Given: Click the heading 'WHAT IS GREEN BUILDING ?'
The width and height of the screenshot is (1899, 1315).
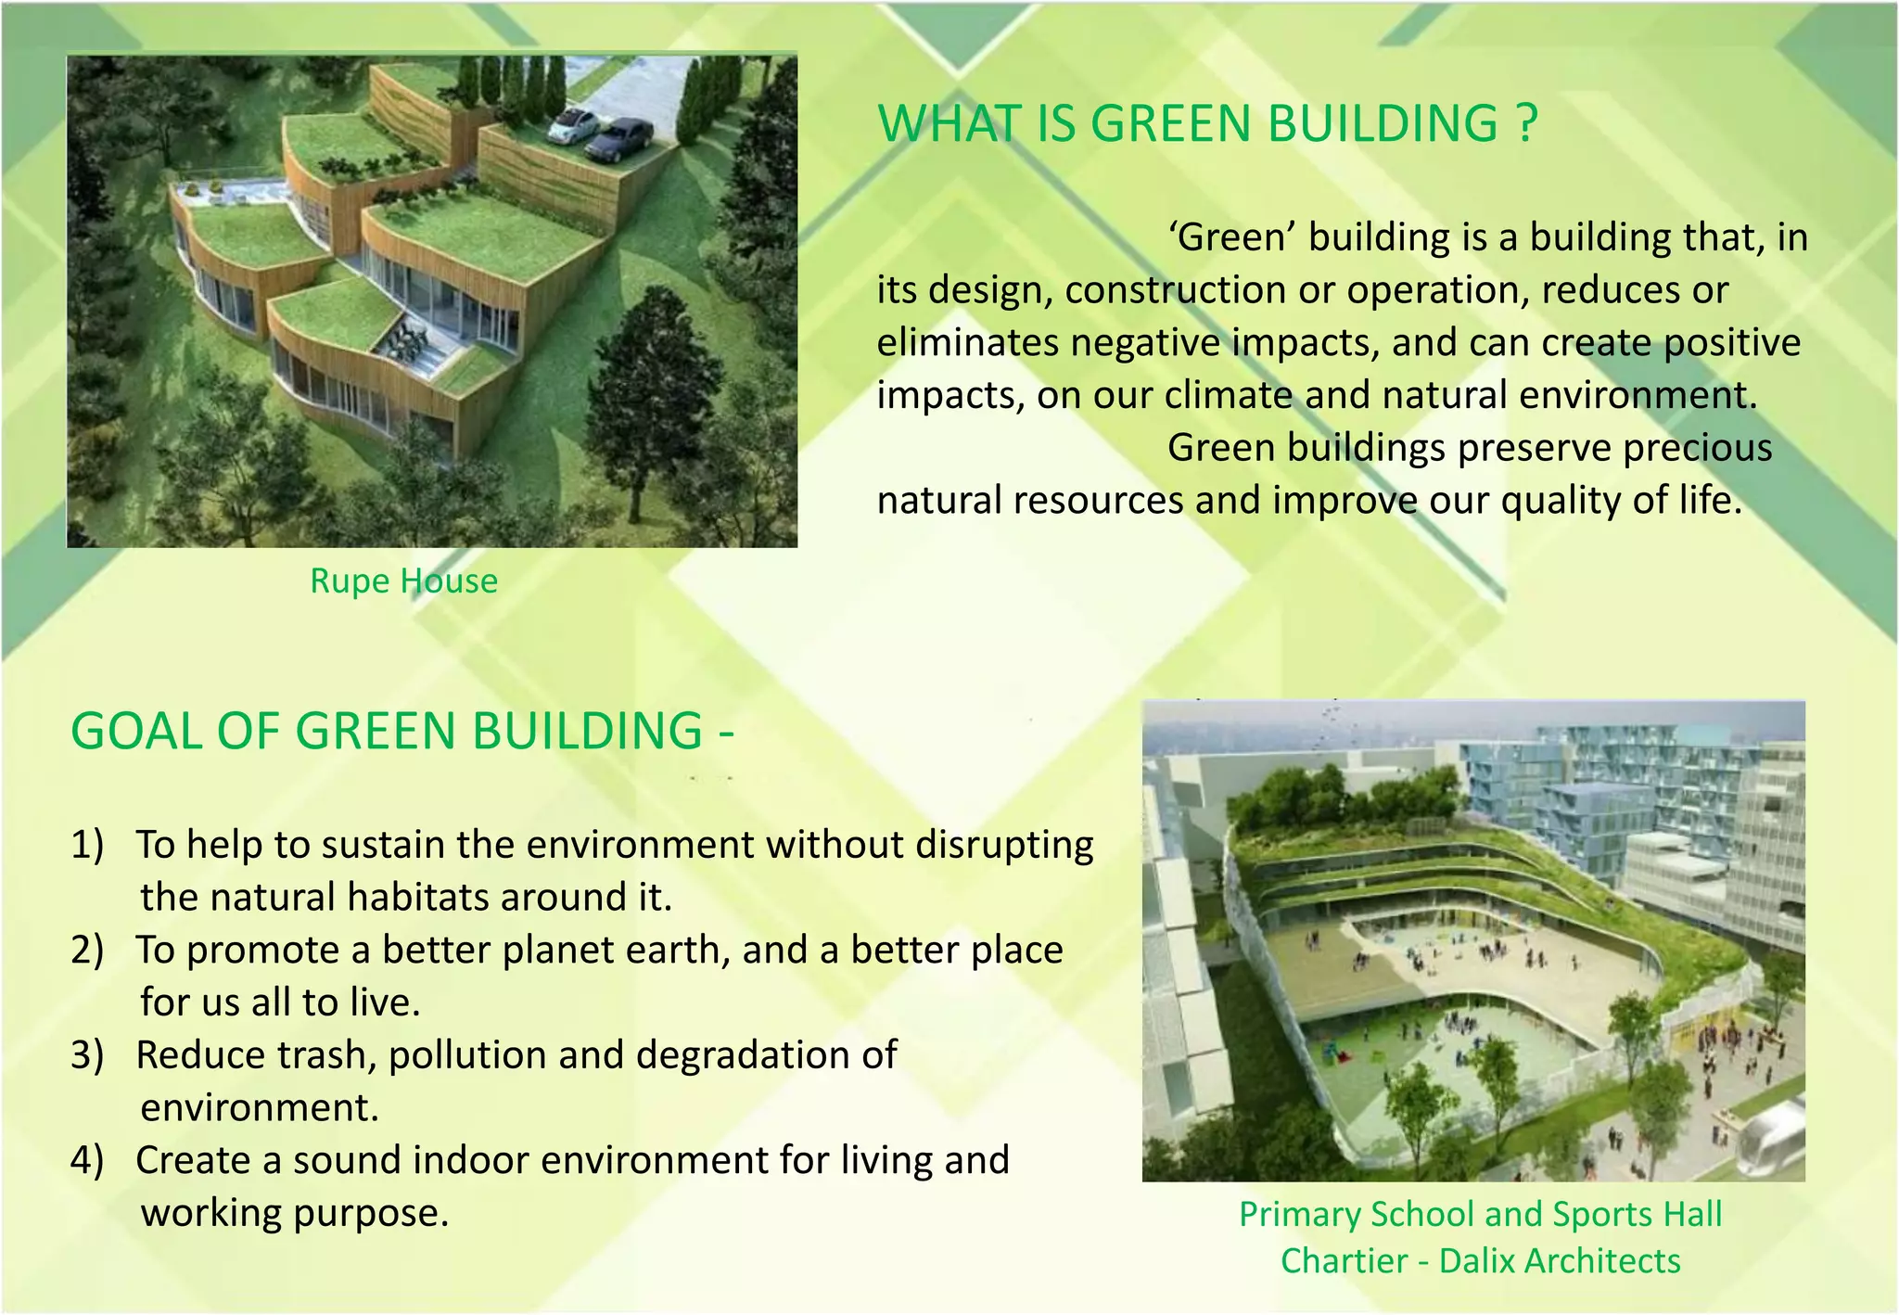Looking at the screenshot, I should (x=1207, y=123).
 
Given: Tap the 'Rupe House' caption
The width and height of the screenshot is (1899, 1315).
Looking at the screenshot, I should (x=403, y=581).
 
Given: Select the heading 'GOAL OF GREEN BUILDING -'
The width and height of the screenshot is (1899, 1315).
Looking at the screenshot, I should (x=402, y=731).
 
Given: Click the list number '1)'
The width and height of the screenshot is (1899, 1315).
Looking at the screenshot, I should (x=87, y=845).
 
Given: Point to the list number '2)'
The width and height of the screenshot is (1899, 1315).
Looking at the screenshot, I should (x=87, y=951).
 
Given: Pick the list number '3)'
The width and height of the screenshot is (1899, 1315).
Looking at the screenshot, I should (x=87, y=1055).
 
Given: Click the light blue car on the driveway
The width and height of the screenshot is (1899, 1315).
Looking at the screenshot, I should (x=571, y=127).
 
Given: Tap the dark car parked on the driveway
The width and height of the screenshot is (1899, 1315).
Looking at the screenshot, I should (x=619, y=139).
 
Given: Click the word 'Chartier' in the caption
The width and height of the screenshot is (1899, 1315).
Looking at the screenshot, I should (x=1344, y=1261).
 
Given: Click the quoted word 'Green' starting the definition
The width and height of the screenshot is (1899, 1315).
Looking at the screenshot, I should (x=1232, y=237).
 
